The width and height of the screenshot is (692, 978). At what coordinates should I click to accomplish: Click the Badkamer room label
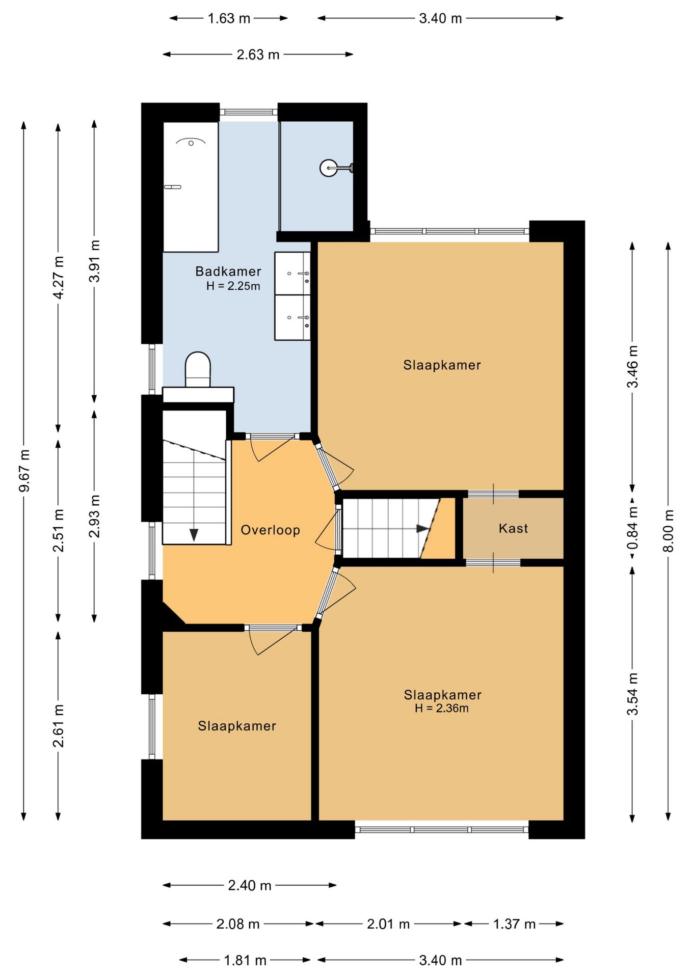(x=228, y=271)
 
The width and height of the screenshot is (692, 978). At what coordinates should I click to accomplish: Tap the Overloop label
(x=270, y=530)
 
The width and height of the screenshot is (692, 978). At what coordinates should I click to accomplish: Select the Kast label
(x=513, y=528)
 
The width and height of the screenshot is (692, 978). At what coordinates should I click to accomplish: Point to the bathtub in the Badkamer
(x=191, y=187)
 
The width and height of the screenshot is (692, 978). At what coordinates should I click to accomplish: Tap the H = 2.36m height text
(x=441, y=708)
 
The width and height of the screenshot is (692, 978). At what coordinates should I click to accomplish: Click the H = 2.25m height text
(x=233, y=286)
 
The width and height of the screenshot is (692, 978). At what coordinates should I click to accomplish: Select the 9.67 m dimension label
(x=24, y=471)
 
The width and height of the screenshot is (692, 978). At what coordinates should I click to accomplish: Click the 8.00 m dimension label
(x=669, y=531)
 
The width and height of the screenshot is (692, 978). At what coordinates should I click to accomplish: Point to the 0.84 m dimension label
(x=632, y=528)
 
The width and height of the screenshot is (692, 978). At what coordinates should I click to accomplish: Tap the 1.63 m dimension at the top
(x=229, y=19)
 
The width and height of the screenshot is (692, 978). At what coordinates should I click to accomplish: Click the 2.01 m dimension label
(x=388, y=924)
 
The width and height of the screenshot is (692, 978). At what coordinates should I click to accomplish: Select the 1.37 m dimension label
(x=514, y=924)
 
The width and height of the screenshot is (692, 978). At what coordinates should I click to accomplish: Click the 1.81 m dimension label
(x=245, y=961)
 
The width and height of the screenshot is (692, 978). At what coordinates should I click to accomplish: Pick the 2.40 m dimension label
(x=249, y=886)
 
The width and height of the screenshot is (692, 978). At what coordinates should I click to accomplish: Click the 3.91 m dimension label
(x=94, y=261)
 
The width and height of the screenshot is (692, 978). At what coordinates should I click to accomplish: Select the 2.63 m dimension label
(x=258, y=55)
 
